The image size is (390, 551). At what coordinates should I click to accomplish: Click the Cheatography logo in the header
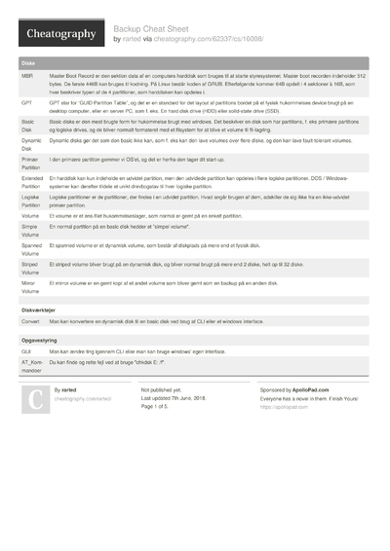point(58,34)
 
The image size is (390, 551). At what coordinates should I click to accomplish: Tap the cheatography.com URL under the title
point(204,40)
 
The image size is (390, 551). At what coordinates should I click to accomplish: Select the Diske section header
point(28,62)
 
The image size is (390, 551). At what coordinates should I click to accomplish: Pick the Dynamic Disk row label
point(31,144)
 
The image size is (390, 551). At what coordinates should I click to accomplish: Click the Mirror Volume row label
point(31,285)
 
